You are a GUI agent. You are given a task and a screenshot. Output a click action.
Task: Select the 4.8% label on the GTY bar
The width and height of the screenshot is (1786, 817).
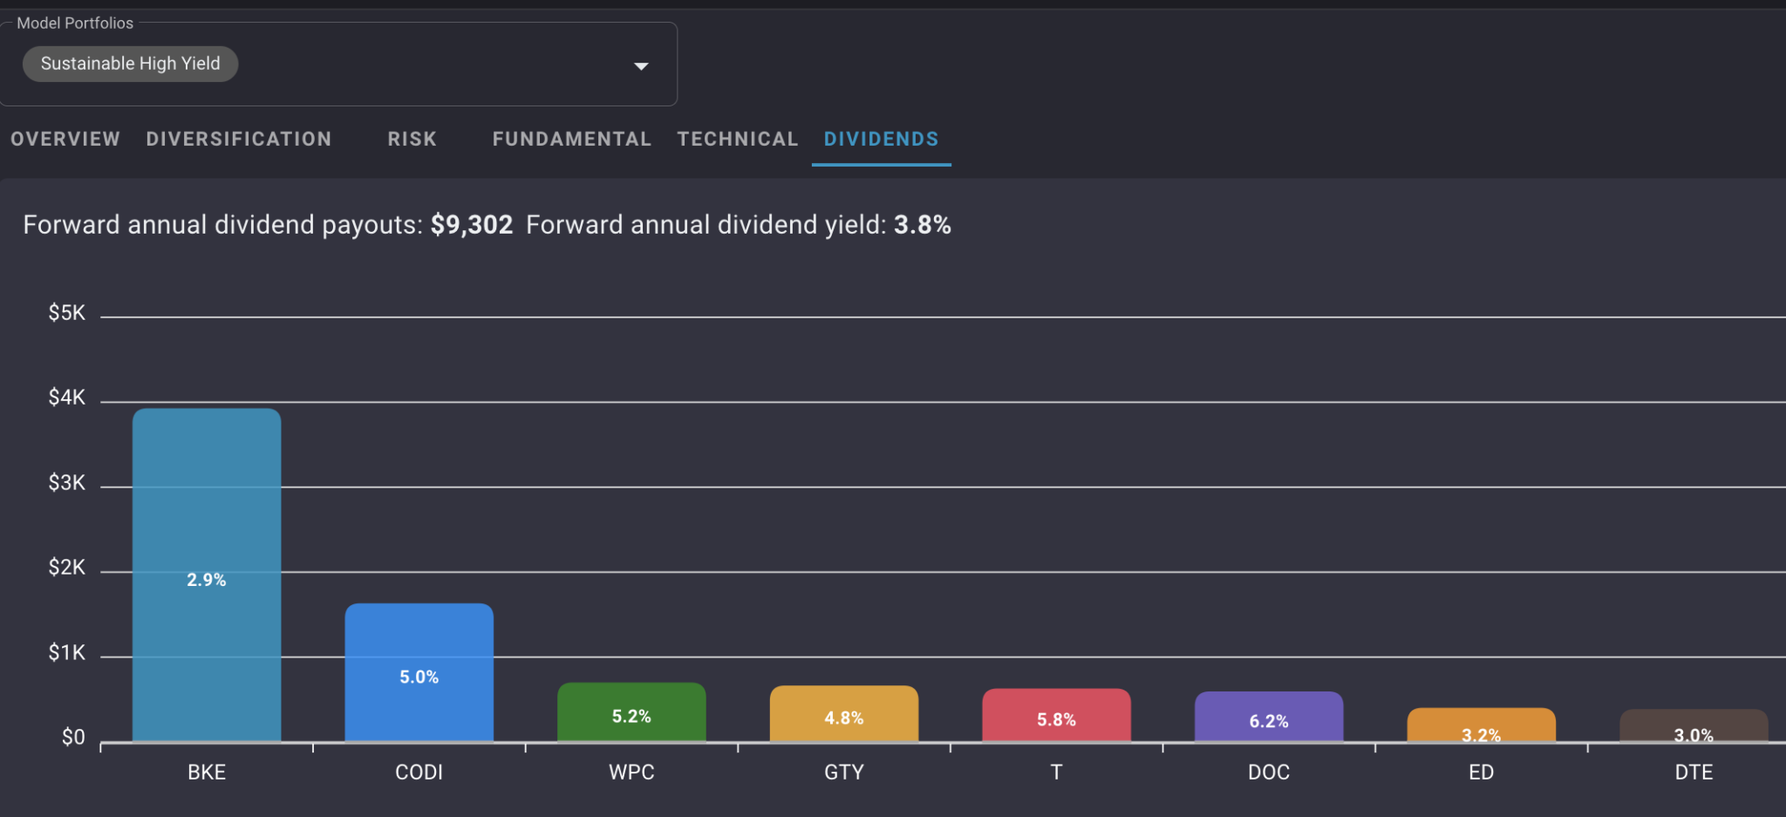pyautogui.click(x=843, y=718)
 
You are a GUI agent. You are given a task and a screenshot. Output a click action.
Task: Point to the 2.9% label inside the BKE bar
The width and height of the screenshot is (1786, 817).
pyautogui.click(x=207, y=580)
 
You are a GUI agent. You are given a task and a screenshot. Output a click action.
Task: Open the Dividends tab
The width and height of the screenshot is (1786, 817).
pyautogui.click(x=881, y=140)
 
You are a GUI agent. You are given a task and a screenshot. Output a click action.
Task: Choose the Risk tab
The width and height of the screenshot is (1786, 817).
pyautogui.click(x=412, y=140)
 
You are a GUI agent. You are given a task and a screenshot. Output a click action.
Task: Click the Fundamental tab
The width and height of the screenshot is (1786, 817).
pyautogui.click(x=571, y=140)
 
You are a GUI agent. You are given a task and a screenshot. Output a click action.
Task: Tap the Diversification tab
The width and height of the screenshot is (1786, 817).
pyautogui.click(x=239, y=140)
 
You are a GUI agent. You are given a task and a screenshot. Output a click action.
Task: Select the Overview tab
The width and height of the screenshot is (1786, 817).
pyautogui.click(x=65, y=140)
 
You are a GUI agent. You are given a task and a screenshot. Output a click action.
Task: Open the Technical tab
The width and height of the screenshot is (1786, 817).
pyautogui.click(x=738, y=140)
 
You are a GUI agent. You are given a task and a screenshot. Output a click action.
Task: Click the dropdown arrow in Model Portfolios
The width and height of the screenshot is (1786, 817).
pyautogui.click(x=641, y=66)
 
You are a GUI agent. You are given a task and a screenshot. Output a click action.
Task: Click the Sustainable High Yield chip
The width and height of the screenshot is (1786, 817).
pyautogui.click(x=130, y=64)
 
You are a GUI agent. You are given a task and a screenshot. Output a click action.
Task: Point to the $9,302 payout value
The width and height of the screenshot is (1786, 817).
pyautogui.click(x=472, y=225)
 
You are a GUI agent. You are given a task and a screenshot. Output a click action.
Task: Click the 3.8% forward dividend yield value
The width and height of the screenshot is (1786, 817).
pyautogui.click(x=922, y=225)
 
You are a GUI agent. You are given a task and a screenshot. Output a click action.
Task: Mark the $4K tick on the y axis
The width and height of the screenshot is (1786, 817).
pyautogui.click(x=67, y=398)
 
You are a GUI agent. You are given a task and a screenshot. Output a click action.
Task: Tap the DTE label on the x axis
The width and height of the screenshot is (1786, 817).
pyautogui.click(x=1694, y=773)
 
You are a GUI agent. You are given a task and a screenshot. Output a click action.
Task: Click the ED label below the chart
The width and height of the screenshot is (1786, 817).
pyautogui.click(x=1481, y=773)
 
